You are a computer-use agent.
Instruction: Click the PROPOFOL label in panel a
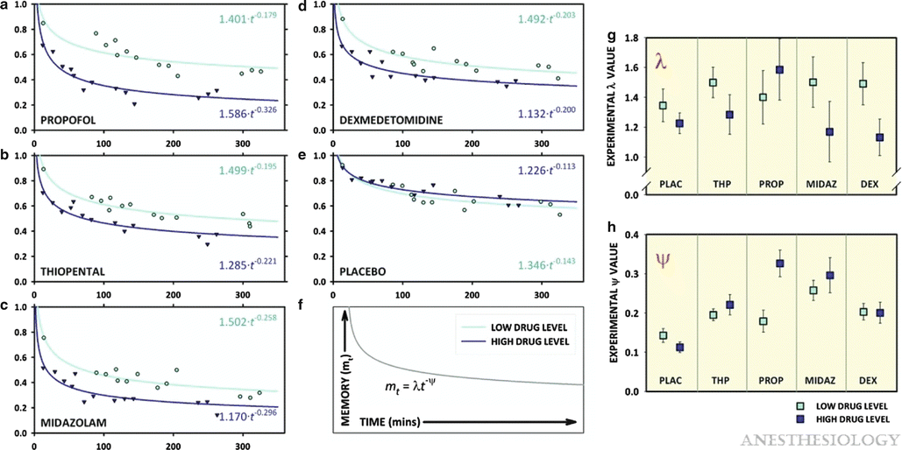(67, 117)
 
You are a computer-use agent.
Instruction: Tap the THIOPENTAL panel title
(73, 271)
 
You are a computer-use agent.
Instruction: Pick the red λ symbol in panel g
(661, 60)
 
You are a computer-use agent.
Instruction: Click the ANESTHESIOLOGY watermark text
(819, 438)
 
